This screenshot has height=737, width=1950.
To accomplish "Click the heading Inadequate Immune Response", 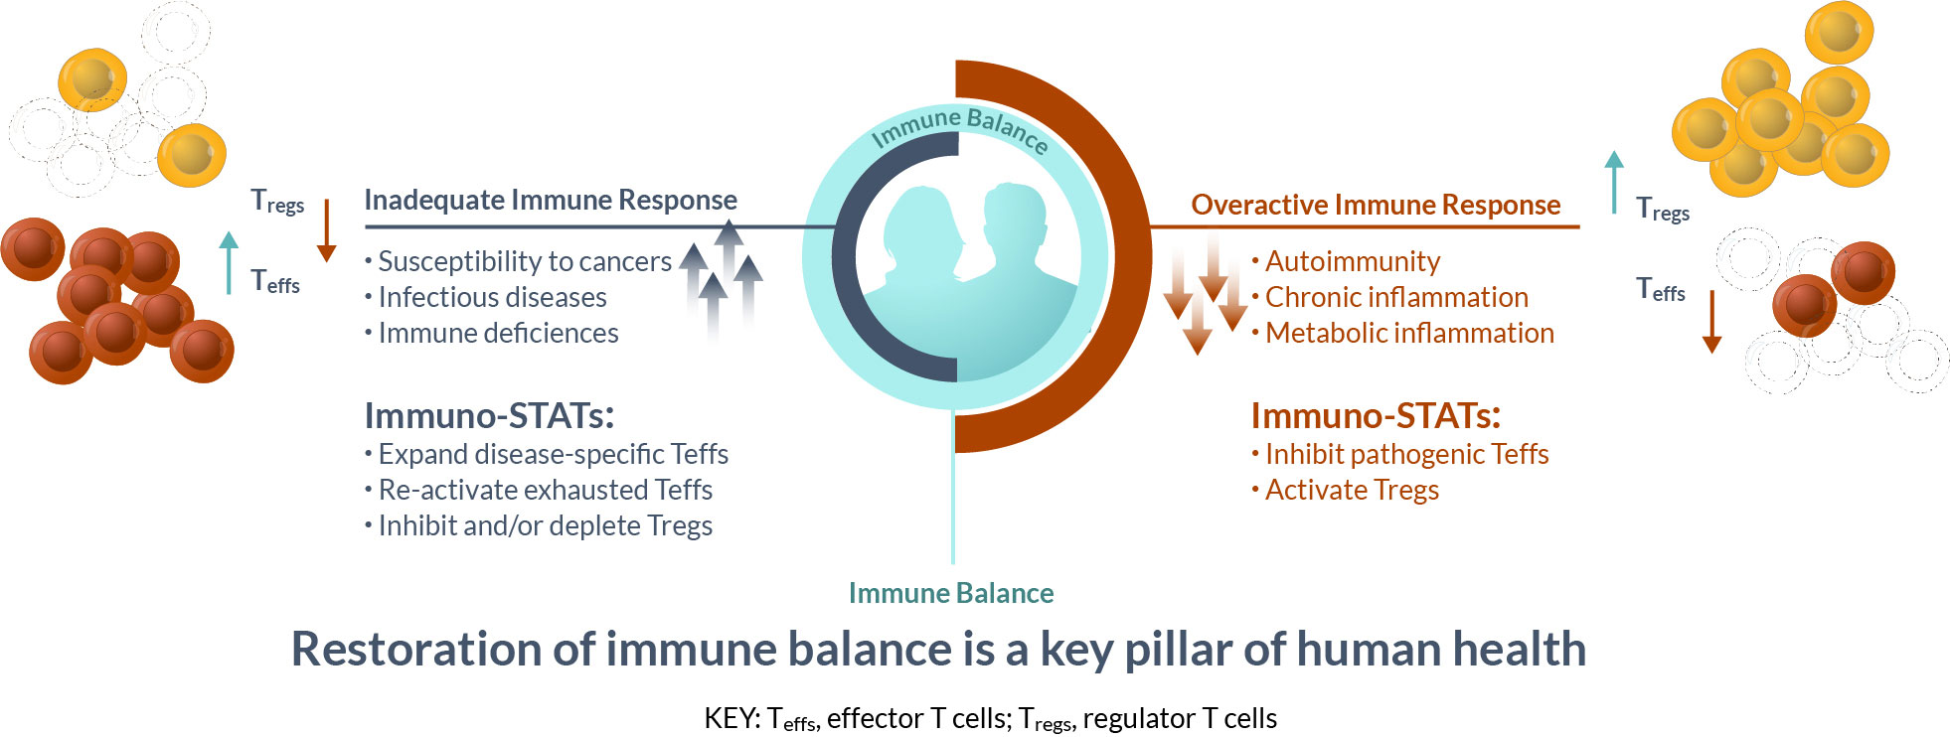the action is point(551,201).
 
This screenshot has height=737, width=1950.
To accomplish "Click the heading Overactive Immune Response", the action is point(1376,205).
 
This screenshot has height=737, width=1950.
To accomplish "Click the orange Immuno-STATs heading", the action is point(1376,415).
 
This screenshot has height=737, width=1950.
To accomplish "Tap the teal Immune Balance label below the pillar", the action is point(951,593).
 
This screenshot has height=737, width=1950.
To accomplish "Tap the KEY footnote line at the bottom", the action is point(990,718).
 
